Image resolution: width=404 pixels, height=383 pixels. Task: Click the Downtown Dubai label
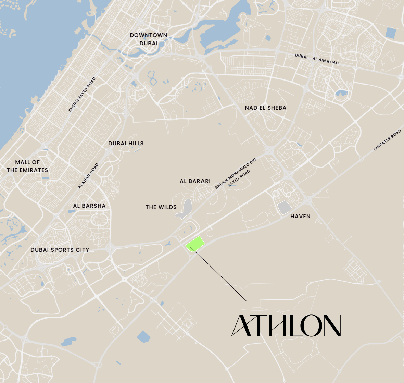pos(149,39)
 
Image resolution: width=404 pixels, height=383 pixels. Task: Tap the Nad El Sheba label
pos(265,108)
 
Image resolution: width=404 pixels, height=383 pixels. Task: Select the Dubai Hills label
pos(126,143)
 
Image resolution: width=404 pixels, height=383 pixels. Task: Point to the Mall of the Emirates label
pos(27,166)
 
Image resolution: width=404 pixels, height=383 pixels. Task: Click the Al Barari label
pos(195,181)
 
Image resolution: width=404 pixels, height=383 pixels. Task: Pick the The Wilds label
pos(161,207)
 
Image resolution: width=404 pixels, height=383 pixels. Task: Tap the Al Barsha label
pos(89,206)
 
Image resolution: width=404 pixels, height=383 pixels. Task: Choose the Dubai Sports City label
pos(60,250)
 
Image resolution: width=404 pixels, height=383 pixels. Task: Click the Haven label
pos(300,216)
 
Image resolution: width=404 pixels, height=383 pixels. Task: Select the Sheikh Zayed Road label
pos(82,95)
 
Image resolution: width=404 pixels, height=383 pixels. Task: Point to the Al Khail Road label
pos(88,176)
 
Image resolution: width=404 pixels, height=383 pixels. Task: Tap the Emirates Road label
pos(387,140)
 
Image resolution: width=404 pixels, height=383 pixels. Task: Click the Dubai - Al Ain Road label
pos(317,59)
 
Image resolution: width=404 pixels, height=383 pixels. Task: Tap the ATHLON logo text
pos(286,325)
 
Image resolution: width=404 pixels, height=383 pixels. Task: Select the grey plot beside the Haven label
pos(284,208)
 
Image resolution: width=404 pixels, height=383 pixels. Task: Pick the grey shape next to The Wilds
pos(185,209)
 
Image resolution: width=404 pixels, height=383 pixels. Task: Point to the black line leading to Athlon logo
pos(219,274)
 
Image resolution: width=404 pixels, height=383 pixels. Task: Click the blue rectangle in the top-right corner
pos(390,33)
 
